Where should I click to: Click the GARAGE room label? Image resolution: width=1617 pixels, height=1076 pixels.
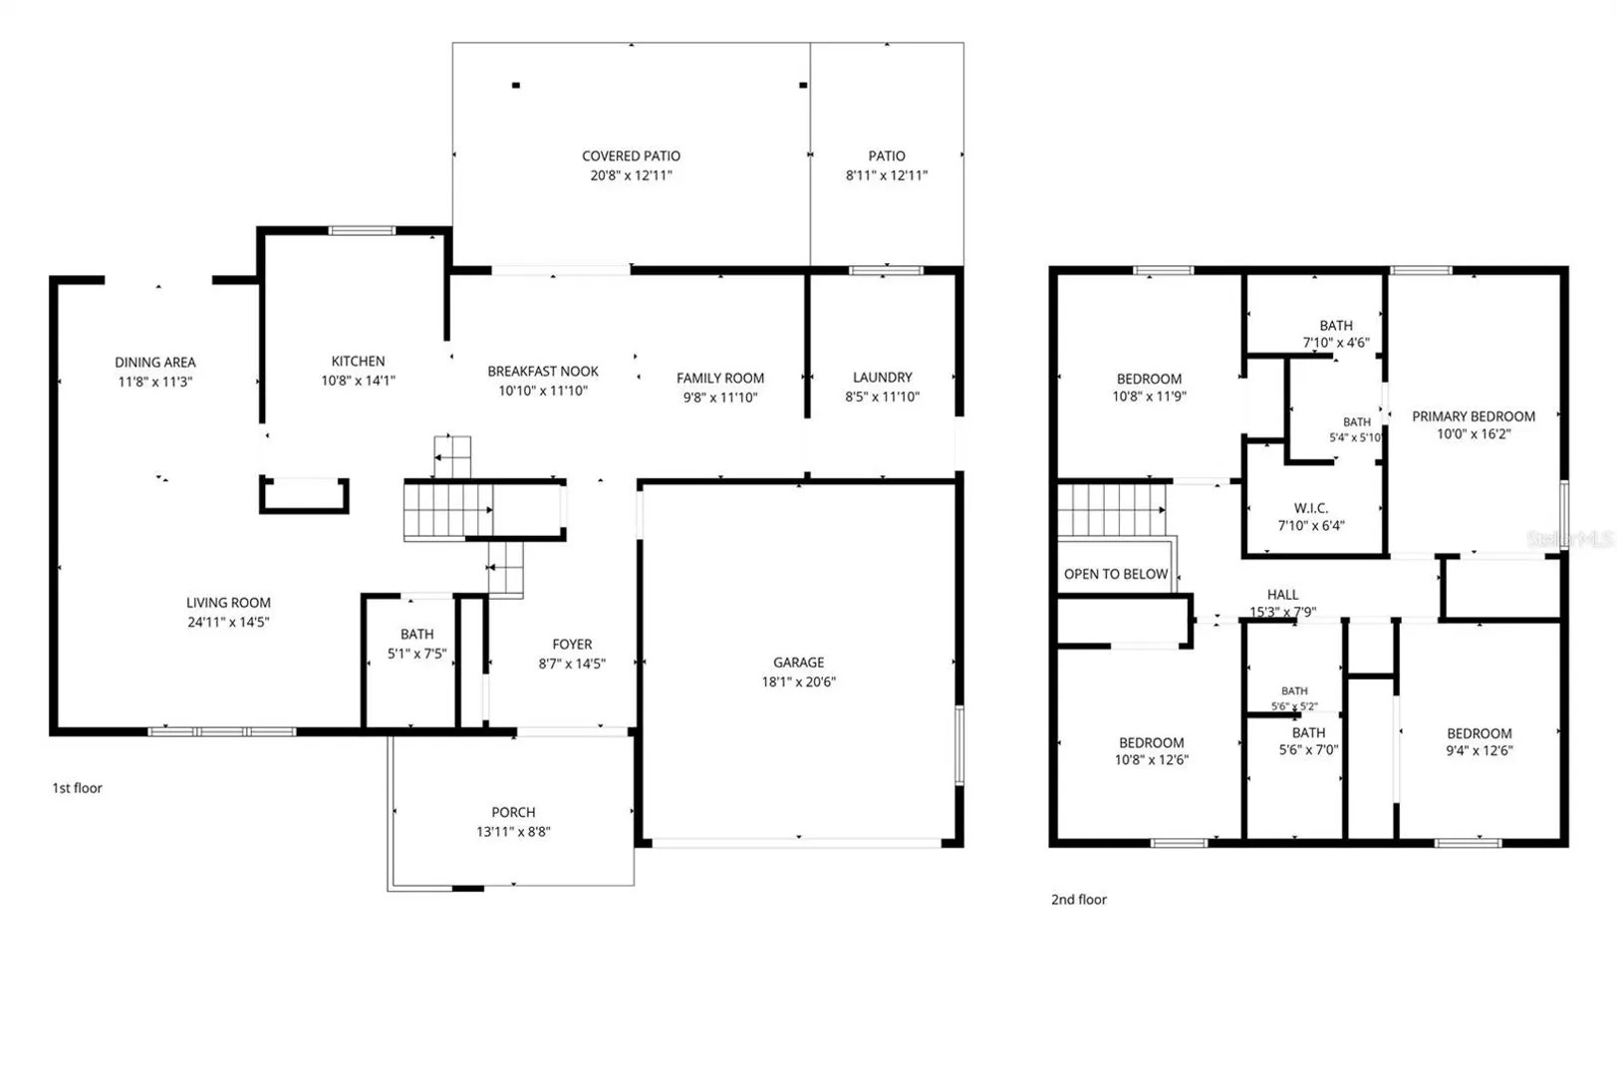tap(798, 663)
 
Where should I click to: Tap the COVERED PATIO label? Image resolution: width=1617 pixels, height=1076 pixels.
tap(631, 155)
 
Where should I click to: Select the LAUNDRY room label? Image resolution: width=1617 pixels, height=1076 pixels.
tap(882, 378)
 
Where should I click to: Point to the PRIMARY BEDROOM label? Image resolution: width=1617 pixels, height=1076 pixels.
tap(1474, 416)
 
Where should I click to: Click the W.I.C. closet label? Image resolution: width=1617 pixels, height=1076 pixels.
tap(1311, 508)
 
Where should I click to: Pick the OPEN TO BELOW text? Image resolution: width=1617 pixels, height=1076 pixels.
tap(1115, 574)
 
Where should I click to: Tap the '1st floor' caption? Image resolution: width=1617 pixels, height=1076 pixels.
tap(78, 788)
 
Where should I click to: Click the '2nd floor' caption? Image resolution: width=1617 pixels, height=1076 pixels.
tap(1078, 900)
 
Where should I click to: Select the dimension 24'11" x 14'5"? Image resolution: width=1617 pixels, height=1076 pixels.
tap(228, 622)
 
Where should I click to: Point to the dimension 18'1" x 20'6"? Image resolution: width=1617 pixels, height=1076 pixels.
tap(798, 682)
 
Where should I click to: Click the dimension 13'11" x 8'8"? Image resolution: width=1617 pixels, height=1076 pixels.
tap(513, 832)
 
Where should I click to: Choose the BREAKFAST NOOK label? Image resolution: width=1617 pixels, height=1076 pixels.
tap(543, 372)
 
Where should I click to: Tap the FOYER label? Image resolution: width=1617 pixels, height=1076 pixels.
tap(572, 645)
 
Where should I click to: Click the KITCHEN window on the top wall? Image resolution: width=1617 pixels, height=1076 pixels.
tap(362, 231)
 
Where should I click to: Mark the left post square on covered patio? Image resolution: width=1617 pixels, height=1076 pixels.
tap(516, 85)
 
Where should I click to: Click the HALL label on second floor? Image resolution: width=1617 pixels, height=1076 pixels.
tap(1283, 595)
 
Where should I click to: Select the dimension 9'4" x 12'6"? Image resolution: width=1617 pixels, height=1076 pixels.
tap(1479, 750)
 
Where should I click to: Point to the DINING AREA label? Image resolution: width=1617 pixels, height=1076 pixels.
tap(155, 363)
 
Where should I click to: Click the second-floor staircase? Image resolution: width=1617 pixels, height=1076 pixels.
tap(1112, 510)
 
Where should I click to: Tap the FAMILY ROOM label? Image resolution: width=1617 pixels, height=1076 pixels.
tap(719, 379)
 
